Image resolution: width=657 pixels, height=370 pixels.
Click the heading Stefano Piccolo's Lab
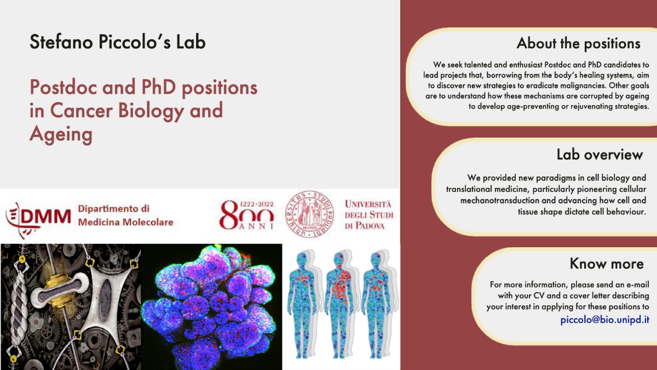pyautogui.click(x=118, y=42)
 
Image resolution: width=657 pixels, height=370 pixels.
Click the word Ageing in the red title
pyautogui.click(x=61, y=134)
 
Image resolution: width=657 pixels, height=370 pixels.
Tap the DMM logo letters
pyautogui.click(x=45, y=217)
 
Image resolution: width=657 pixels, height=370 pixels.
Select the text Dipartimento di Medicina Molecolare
pyautogui.click(x=125, y=215)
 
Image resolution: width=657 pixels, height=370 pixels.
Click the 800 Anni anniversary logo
pyautogui.click(x=246, y=215)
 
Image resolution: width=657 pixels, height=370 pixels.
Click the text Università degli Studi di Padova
pyautogui.click(x=368, y=215)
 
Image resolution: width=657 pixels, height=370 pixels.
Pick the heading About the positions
pyautogui.click(x=578, y=43)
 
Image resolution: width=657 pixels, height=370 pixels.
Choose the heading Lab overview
pyautogui.click(x=600, y=155)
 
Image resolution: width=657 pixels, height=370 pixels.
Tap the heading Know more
pyautogui.click(x=607, y=264)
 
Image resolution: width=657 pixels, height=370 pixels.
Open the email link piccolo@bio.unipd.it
pyautogui.click(x=604, y=320)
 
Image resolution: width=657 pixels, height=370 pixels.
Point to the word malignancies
pyautogui.click(x=578, y=86)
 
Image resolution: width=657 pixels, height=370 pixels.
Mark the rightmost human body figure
pyautogui.click(x=377, y=304)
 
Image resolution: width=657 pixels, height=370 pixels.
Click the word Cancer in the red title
pyautogui.click(x=81, y=110)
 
